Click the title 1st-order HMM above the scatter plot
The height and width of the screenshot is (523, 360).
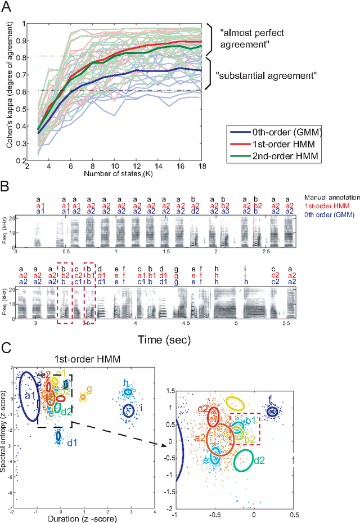click(85, 359)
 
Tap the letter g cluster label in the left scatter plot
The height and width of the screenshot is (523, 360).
click(89, 389)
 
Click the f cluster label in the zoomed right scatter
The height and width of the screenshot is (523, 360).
click(271, 400)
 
